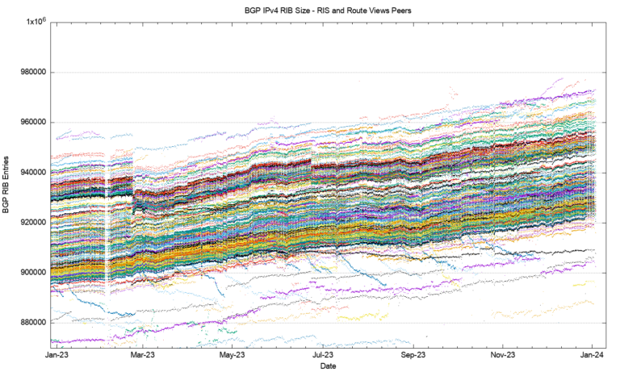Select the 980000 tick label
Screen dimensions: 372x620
tap(31, 73)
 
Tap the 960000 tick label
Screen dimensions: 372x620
tap(31, 123)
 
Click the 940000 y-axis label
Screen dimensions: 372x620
tap(31, 173)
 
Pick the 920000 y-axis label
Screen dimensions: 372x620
tap(31, 223)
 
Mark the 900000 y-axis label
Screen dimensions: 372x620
tap(31, 273)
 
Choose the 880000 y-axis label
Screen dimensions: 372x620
tap(31, 323)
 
